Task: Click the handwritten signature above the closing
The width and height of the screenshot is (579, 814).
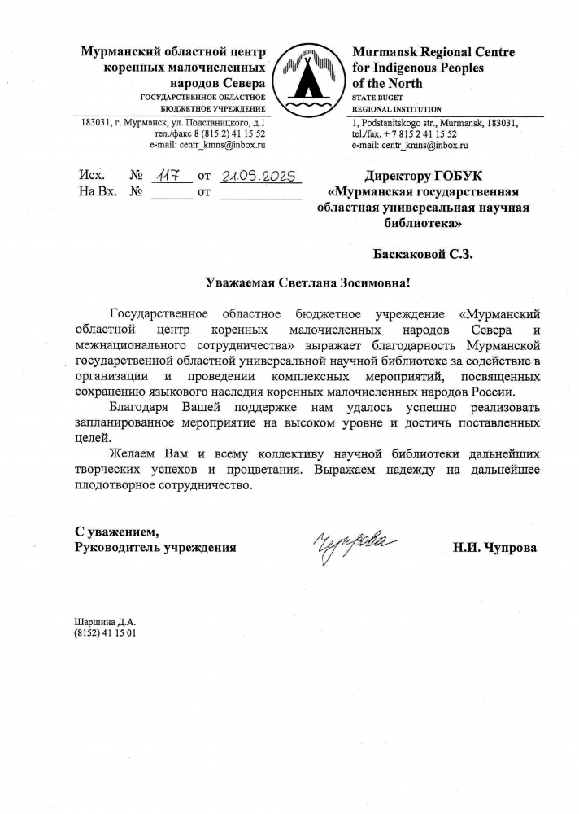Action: tap(355, 544)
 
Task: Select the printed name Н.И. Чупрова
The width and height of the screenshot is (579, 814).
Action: tap(495, 547)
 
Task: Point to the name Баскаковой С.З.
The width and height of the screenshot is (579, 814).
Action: tap(422, 253)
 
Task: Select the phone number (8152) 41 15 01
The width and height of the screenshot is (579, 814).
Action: tap(105, 632)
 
